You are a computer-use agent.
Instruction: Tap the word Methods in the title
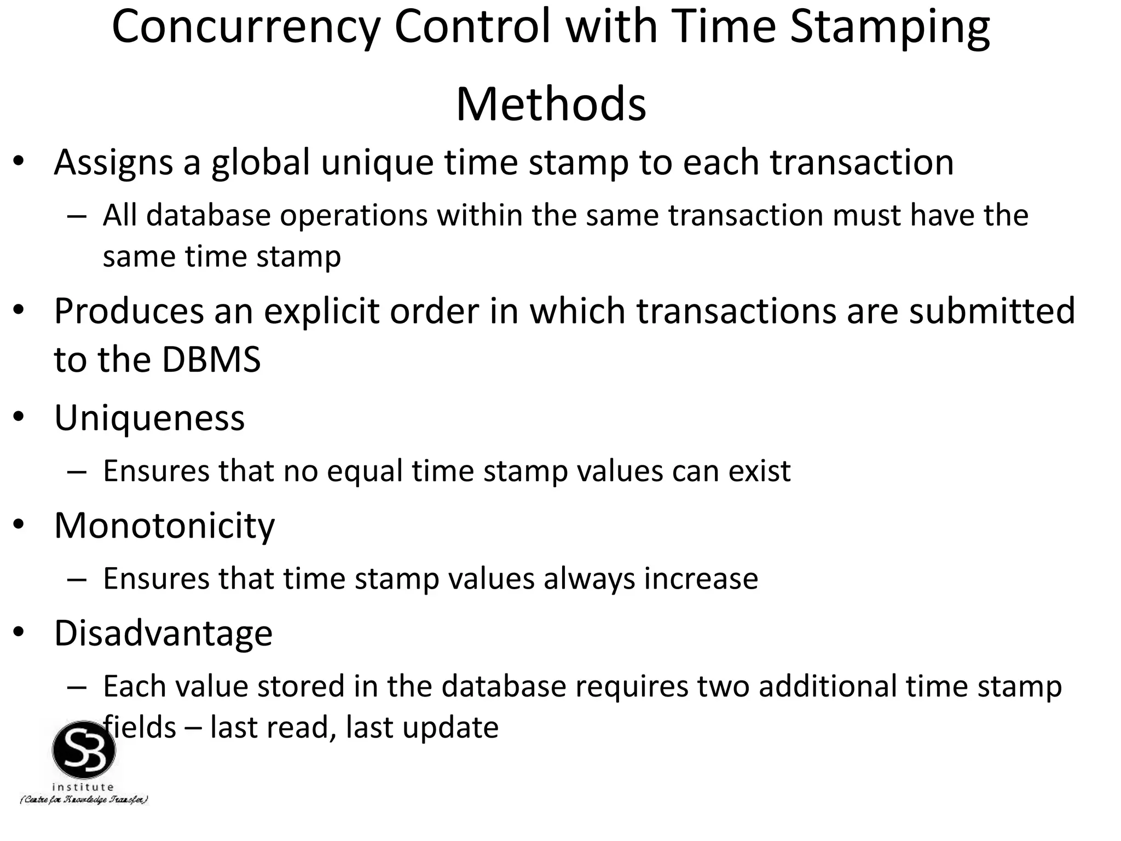coord(551,104)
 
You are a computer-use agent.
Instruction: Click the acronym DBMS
coord(211,360)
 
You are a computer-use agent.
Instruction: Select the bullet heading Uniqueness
coord(149,419)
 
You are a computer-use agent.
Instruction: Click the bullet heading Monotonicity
coord(164,526)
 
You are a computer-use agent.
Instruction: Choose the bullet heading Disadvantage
coord(163,633)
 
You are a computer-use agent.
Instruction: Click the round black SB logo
coord(84,751)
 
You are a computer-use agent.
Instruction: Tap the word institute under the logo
coord(83,787)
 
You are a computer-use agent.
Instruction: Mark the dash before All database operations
coord(77,216)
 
